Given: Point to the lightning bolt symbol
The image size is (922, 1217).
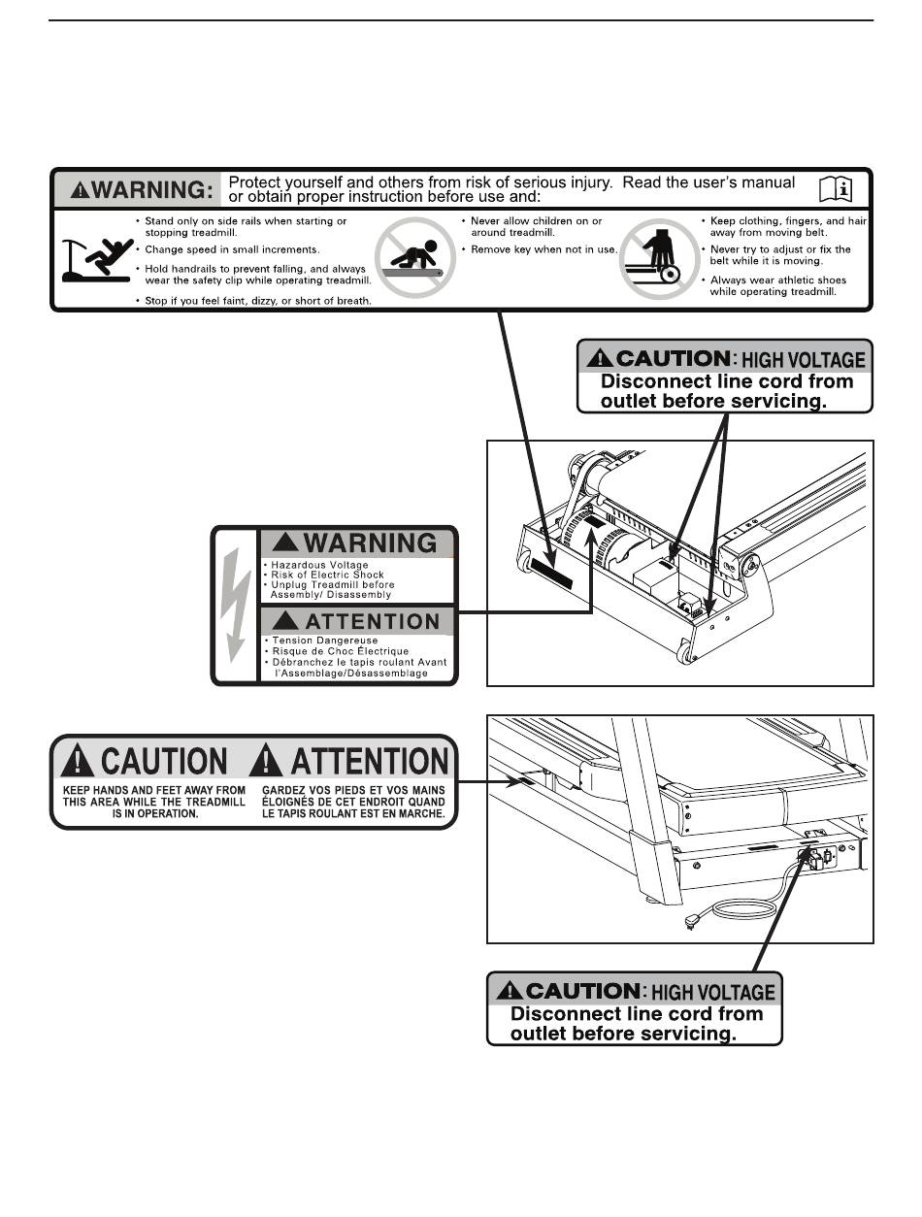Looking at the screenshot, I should [235, 607].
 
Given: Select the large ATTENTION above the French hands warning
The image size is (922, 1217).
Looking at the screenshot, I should [355, 761].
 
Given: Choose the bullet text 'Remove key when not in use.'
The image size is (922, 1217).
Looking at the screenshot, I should [543, 249].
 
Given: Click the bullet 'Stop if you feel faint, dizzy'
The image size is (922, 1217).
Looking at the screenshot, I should [258, 301].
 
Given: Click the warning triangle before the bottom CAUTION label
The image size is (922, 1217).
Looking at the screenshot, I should [507, 991].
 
